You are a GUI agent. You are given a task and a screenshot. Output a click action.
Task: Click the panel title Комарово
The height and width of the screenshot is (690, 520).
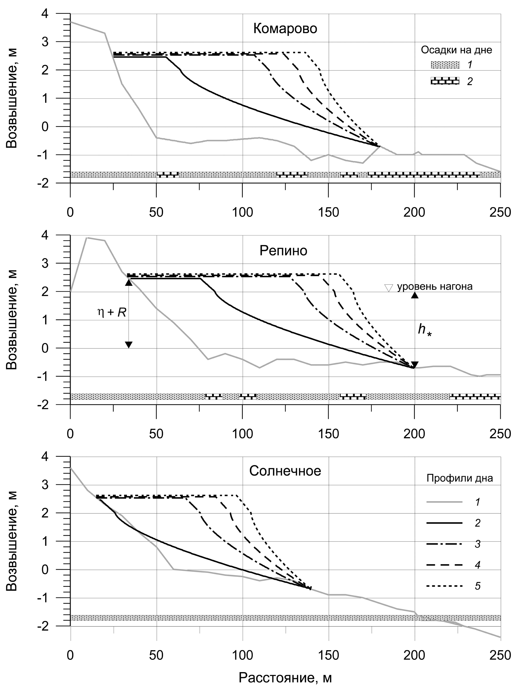click(285, 29)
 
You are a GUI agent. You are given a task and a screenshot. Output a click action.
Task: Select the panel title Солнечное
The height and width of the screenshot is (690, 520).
click(285, 471)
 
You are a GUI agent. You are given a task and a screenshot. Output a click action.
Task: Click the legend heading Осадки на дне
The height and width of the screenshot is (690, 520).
click(456, 50)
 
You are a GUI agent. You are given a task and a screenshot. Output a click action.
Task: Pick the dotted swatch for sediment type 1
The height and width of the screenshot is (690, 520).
click(445, 65)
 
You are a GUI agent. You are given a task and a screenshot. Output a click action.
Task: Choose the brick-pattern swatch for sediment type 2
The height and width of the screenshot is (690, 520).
click(445, 81)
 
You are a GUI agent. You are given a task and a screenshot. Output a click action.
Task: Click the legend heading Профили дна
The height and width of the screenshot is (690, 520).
click(459, 478)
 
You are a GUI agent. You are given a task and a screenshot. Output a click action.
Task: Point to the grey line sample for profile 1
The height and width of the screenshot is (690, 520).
click(444, 502)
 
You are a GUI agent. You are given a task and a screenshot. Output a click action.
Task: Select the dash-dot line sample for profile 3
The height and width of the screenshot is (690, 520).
click(444, 544)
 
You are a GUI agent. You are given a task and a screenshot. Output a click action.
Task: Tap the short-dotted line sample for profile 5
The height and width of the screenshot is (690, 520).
click(444, 586)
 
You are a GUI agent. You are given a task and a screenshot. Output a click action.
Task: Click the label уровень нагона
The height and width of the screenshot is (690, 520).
click(435, 286)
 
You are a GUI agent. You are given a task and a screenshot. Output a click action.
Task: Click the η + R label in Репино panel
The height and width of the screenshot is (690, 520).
click(112, 312)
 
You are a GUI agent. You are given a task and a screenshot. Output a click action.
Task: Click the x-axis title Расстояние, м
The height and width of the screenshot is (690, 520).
click(285, 678)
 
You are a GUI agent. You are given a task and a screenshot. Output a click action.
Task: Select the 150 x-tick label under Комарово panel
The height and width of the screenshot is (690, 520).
click(328, 212)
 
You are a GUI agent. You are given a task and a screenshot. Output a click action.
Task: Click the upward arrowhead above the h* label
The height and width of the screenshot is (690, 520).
click(415, 295)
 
